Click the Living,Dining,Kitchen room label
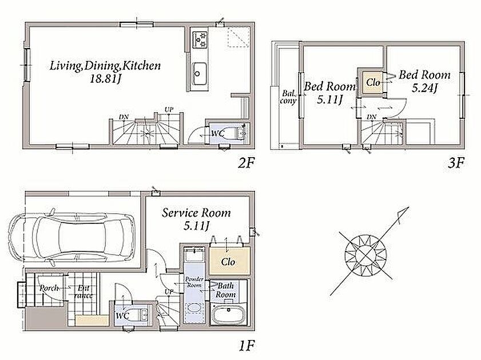tap(105, 66)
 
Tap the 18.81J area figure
tap(105, 79)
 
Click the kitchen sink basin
tap(199, 74)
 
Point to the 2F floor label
tap(247, 163)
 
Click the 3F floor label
tap(456, 163)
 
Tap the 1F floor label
tap(247, 346)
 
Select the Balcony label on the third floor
tap(288, 97)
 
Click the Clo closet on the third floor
tap(373, 82)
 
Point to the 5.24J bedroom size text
tap(424, 88)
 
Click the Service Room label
tap(196, 213)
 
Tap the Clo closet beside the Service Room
tap(229, 261)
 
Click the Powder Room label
tap(194, 282)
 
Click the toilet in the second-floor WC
tap(236, 133)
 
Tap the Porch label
tap(49, 288)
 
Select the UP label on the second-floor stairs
tap(169, 109)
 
